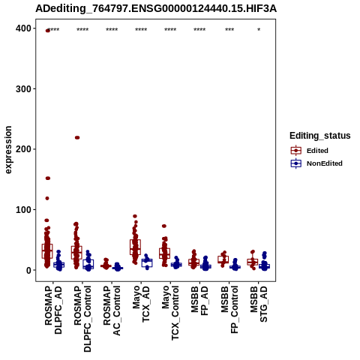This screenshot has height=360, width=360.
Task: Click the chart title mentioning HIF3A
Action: pyautogui.click(x=156, y=9)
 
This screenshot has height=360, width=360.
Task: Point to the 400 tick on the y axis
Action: pyautogui.click(x=24, y=28)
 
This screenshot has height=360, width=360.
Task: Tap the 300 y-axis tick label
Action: pyautogui.click(x=24, y=89)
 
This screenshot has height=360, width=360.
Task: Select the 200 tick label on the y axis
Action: pyautogui.click(x=24, y=149)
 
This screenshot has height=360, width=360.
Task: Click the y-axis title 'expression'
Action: pyautogui.click(x=8, y=150)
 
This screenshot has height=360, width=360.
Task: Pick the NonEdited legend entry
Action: pyautogui.click(x=316, y=163)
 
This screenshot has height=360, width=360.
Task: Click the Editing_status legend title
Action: pyautogui.click(x=320, y=136)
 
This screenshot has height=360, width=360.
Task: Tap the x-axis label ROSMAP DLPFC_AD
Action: pyautogui.click(x=53, y=310)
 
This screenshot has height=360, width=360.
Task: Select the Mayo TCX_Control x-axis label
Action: pyautogui.click(x=170, y=313)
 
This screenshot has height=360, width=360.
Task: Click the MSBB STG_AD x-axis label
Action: pyautogui.click(x=259, y=304)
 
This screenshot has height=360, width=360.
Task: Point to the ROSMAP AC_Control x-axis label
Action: pyautogui.click(x=112, y=310)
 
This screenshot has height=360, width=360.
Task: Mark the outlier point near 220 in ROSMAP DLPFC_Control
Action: pyautogui.click(x=77, y=137)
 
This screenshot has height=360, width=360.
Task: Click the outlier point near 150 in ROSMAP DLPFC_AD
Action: pyautogui.click(x=48, y=178)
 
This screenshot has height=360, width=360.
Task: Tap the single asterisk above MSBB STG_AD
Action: pyautogui.click(x=259, y=30)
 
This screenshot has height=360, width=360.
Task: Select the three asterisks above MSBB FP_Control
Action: pyautogui.click(x=229, y=30)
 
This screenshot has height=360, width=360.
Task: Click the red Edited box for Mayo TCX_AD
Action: pyautogui.click(x=135, y=247)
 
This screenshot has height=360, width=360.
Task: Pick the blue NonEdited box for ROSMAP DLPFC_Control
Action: pyautogui.click(x=88, y=264)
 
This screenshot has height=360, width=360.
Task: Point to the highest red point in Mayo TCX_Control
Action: pyautogui.click(x=164, y=226)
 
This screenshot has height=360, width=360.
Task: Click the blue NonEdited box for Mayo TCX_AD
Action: pyautogui.click(x=147, y=262)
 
